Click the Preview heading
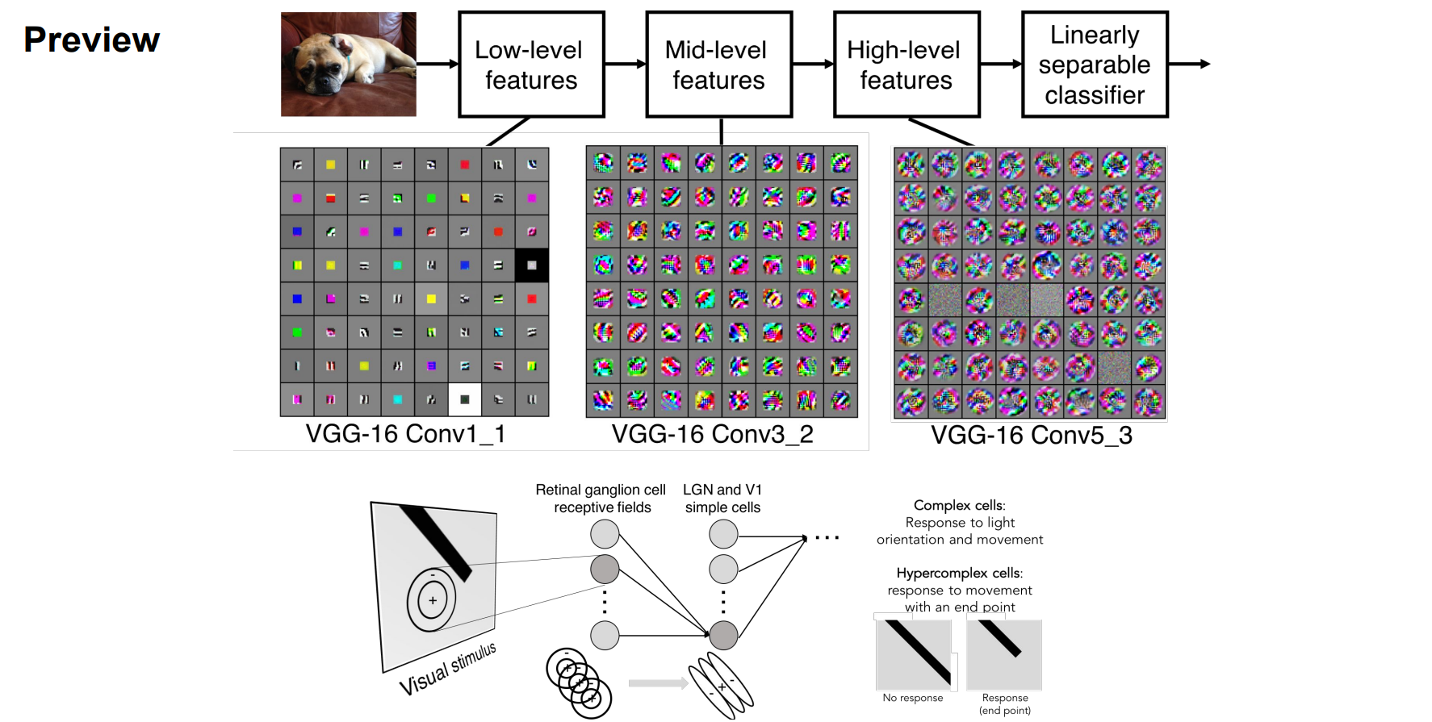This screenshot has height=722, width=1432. (92, 40)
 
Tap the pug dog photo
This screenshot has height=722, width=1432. (349, 64)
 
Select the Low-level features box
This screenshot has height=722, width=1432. (531, 65)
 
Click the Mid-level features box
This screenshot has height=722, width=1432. (718, 65)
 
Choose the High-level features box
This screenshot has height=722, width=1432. (906, 65)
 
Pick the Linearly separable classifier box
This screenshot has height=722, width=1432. (1094, 65)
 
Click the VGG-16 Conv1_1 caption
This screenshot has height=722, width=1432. (405, 434)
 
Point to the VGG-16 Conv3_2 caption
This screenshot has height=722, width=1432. (712, 434)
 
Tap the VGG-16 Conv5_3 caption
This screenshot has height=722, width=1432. (1031, 436)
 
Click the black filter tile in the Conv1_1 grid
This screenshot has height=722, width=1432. (531, 265)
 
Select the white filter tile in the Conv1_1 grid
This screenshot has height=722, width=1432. (464, 399)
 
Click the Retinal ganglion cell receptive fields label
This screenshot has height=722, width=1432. (601, 499)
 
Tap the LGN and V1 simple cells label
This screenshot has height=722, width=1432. (722, 499)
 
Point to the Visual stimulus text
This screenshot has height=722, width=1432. (448, 670)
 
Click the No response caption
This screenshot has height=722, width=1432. (912, 698)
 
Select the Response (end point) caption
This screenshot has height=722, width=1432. (1005, 703)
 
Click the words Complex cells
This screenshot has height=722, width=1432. (958, 506)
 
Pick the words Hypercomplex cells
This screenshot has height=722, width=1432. (958, 573)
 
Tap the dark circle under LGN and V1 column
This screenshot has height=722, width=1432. (723, 636)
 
